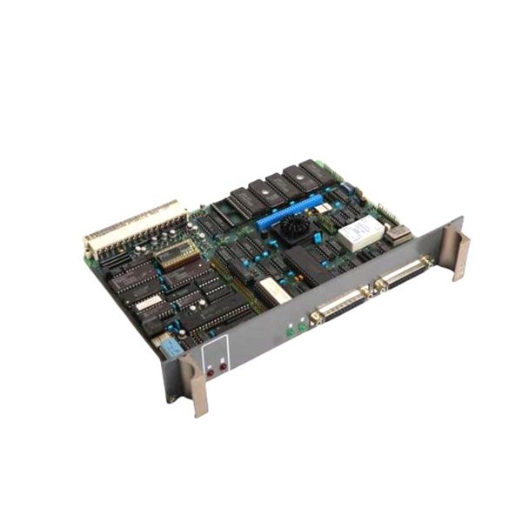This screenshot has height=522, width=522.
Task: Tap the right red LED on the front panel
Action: (x=223, y=365)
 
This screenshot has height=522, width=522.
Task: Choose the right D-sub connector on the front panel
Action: (x=402, y=274)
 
